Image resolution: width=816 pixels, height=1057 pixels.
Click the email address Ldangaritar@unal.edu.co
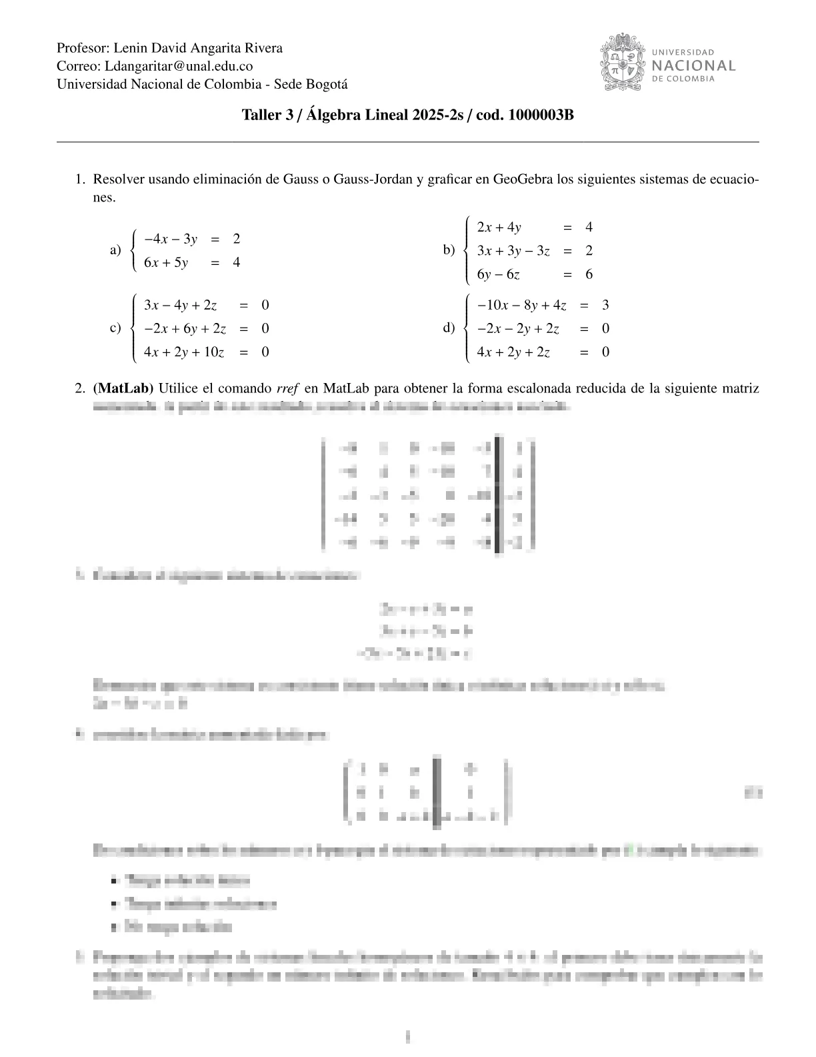click(179, 66)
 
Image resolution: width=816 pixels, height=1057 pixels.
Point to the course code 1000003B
click(541, 115)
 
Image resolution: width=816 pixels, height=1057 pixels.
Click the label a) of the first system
click(115, 250)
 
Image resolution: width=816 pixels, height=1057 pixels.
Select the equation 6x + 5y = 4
click(192, 262)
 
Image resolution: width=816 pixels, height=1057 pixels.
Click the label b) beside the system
click(449, 250)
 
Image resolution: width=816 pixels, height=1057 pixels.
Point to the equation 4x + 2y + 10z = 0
click(206, 352)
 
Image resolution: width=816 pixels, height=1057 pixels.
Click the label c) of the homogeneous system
click(115, 328)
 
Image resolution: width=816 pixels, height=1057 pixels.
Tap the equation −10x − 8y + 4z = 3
click(543, 306)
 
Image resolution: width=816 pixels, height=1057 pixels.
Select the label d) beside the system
click(449, 328)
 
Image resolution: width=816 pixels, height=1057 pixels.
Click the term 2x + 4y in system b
click(499, 228)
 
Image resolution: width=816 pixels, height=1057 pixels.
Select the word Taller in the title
click(261, 115)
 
